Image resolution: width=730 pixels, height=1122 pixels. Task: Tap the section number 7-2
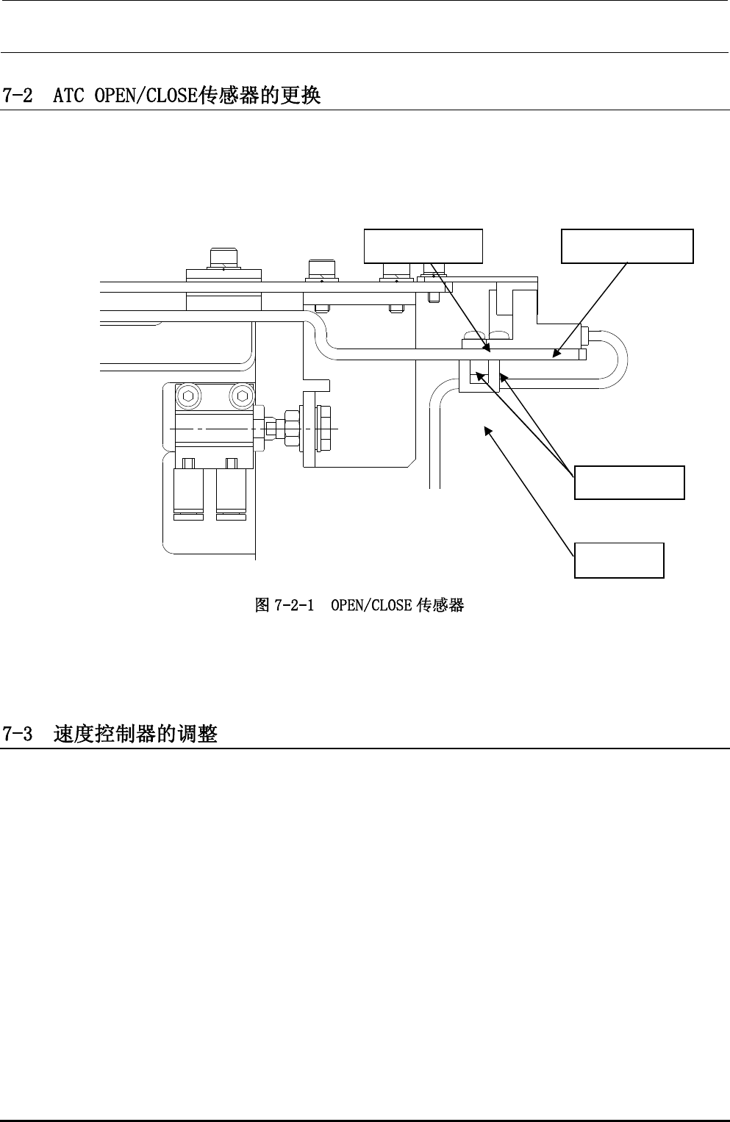[18, 96]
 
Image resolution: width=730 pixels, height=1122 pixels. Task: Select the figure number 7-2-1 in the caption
[294, 606]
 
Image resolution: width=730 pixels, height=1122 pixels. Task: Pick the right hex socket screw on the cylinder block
[242, 396]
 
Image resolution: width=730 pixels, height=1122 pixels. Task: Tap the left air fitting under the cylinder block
[189, 494]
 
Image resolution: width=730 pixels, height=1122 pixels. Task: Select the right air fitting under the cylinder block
[232, 494]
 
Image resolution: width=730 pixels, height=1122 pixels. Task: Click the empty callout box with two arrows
[629, 482]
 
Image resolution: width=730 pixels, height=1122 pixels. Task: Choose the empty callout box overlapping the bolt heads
[424, 246]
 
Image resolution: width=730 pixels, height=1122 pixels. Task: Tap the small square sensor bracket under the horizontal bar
[479, 375]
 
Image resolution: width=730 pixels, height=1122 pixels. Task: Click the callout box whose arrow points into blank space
[619, 560]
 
